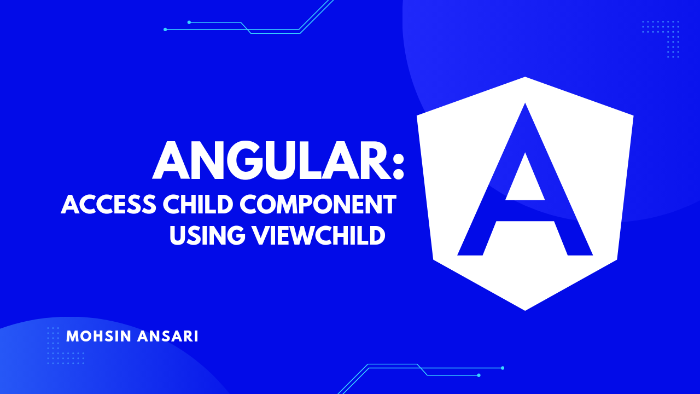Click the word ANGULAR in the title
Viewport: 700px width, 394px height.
point(271,160)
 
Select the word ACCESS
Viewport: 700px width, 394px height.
point(108,204)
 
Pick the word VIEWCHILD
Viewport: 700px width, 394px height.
point(319,235)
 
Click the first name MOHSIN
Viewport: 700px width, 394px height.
point(98,336)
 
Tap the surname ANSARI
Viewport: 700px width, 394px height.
point(168,336)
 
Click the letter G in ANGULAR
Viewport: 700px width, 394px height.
point(246,160)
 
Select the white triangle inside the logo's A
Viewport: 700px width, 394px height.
point(525,177)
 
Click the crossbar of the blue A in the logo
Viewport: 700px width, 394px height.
point(525,211)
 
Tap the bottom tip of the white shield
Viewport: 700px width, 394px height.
point(525,310)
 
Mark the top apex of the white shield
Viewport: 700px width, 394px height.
point(525,78)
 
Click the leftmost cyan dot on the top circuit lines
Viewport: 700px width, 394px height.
point(165,30)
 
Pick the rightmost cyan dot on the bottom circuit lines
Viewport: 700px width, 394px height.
point(503,368)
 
